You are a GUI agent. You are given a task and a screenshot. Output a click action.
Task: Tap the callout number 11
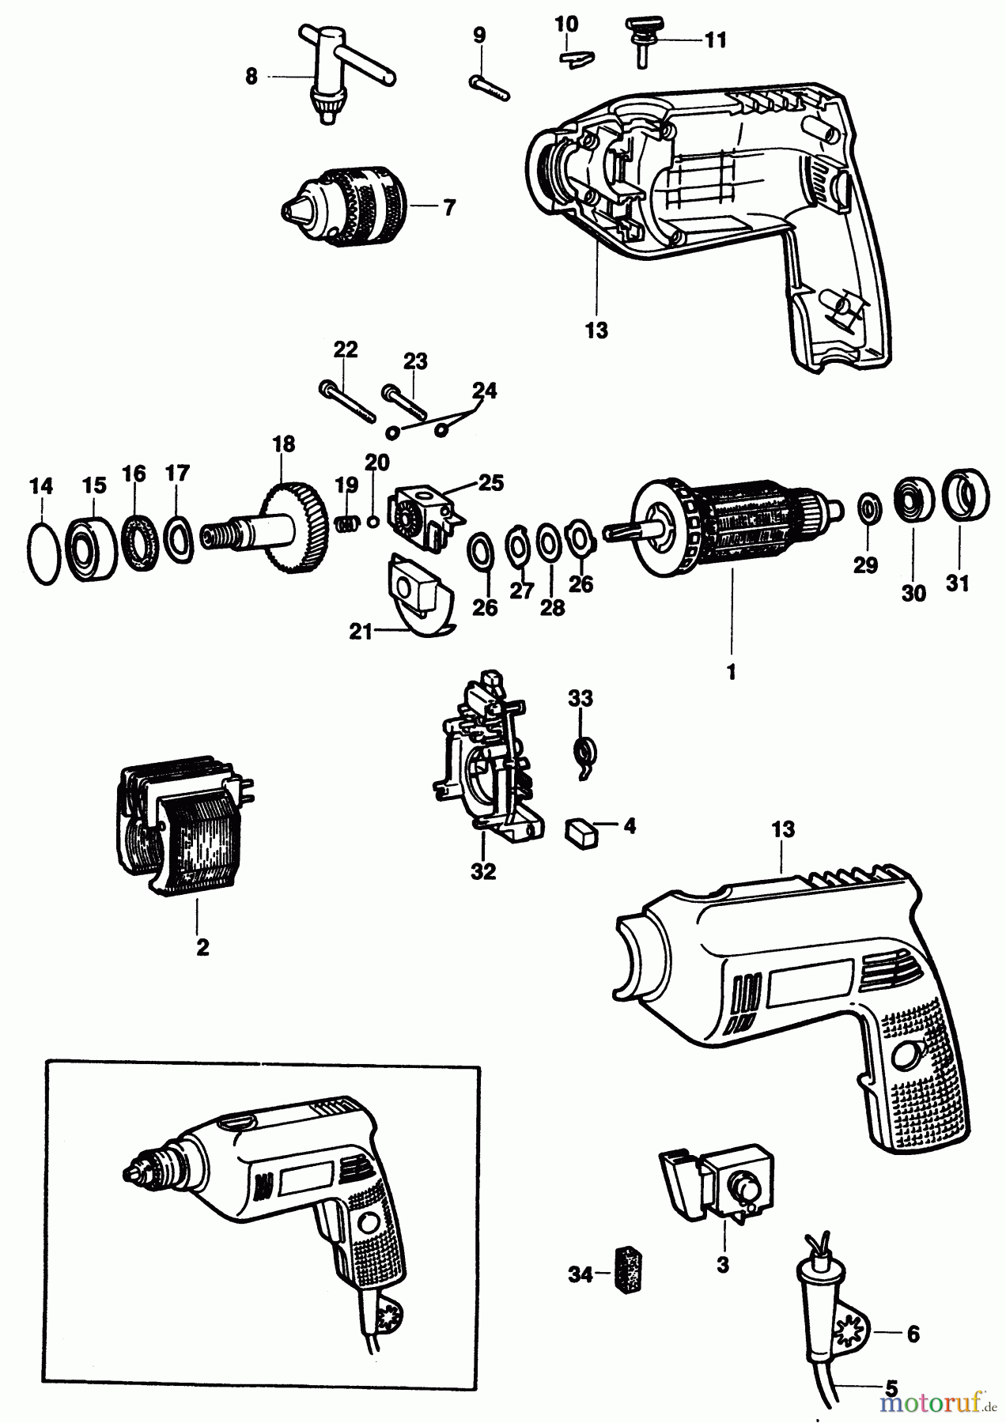pos(715,40)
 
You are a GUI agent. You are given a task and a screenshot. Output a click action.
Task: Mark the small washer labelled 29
pos(869,508)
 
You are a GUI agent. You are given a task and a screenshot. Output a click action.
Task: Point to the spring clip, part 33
pos(583,750)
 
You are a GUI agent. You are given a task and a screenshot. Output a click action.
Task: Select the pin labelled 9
pos(488,86)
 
